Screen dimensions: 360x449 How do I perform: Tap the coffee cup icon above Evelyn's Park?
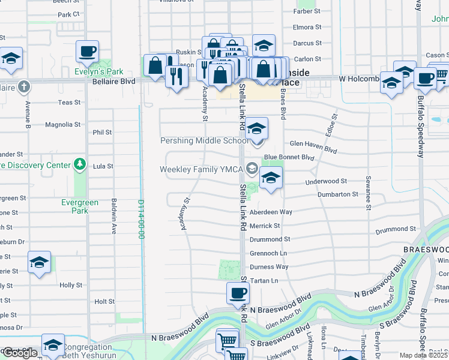click(87, 51)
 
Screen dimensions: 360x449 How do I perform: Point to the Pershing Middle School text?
click(203, 141)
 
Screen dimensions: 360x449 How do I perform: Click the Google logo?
click(20, 353)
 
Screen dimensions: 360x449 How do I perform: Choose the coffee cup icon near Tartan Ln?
click(238, 293)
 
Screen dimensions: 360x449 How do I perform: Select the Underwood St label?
click(326, 181)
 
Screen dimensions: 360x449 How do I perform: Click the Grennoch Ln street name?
click(268, 253)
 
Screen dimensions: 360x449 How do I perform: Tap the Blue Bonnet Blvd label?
click(294, 157)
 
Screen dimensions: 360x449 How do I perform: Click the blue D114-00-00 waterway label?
click(142, 220)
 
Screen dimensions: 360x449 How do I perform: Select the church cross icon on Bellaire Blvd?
click(23, 86)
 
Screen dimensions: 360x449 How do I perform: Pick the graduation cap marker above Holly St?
click(39, 262)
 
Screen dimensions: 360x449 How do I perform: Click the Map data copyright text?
click(423, 355)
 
